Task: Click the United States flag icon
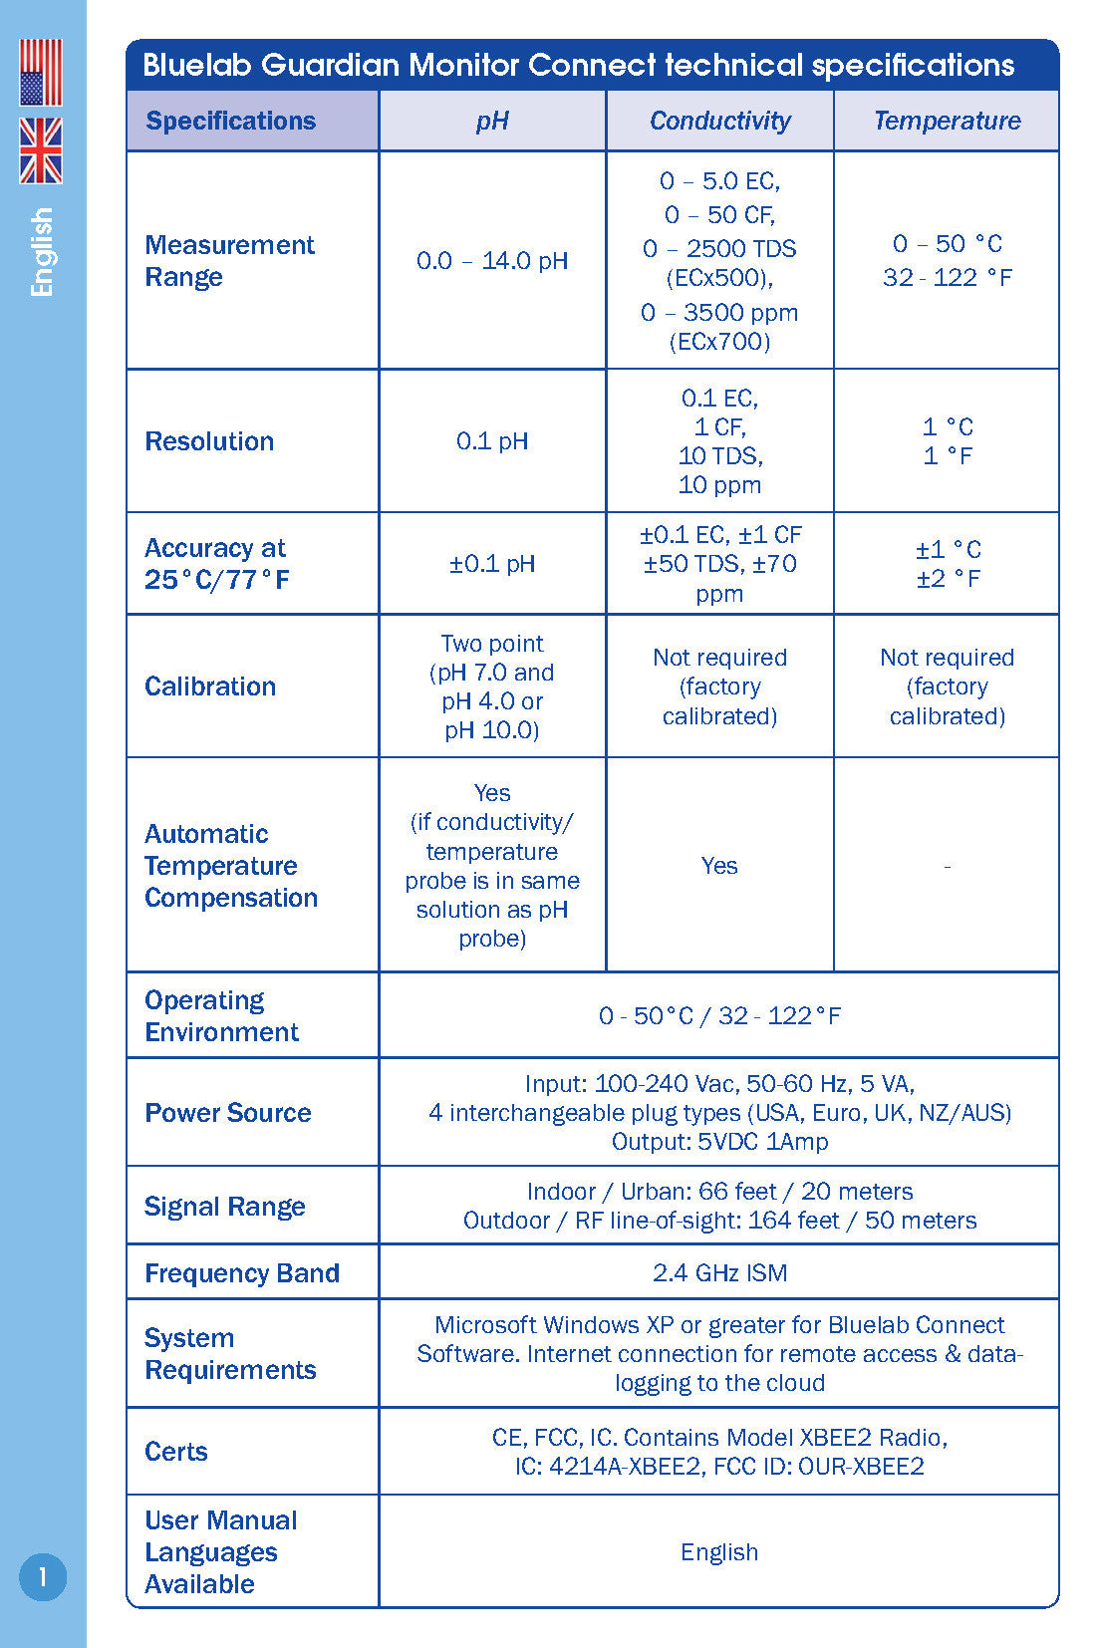click(41, 73)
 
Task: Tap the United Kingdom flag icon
click(41, 150)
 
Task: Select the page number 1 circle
click(43, 1576)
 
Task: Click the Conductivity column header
click(719, 121)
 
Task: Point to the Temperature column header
click(947, 121)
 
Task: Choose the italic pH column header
click(492, 121)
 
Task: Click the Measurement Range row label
click(229, 260)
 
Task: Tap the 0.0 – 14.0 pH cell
click(492, 261)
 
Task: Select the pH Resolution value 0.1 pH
click(492, 440)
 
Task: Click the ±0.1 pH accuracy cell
click(492, 563)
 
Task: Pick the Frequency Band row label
click(242, 1272)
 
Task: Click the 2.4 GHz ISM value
click(719, 1272)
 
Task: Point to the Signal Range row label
click(225, 1206)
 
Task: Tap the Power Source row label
click(228, 1112)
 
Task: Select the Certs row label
click(176, 1451)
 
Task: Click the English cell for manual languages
click(719, 1551)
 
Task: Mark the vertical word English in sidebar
click(42, 252)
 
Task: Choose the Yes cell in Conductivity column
click(719, 865)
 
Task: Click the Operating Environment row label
click(221, 1015)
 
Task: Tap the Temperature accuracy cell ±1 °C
click(948, 549)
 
